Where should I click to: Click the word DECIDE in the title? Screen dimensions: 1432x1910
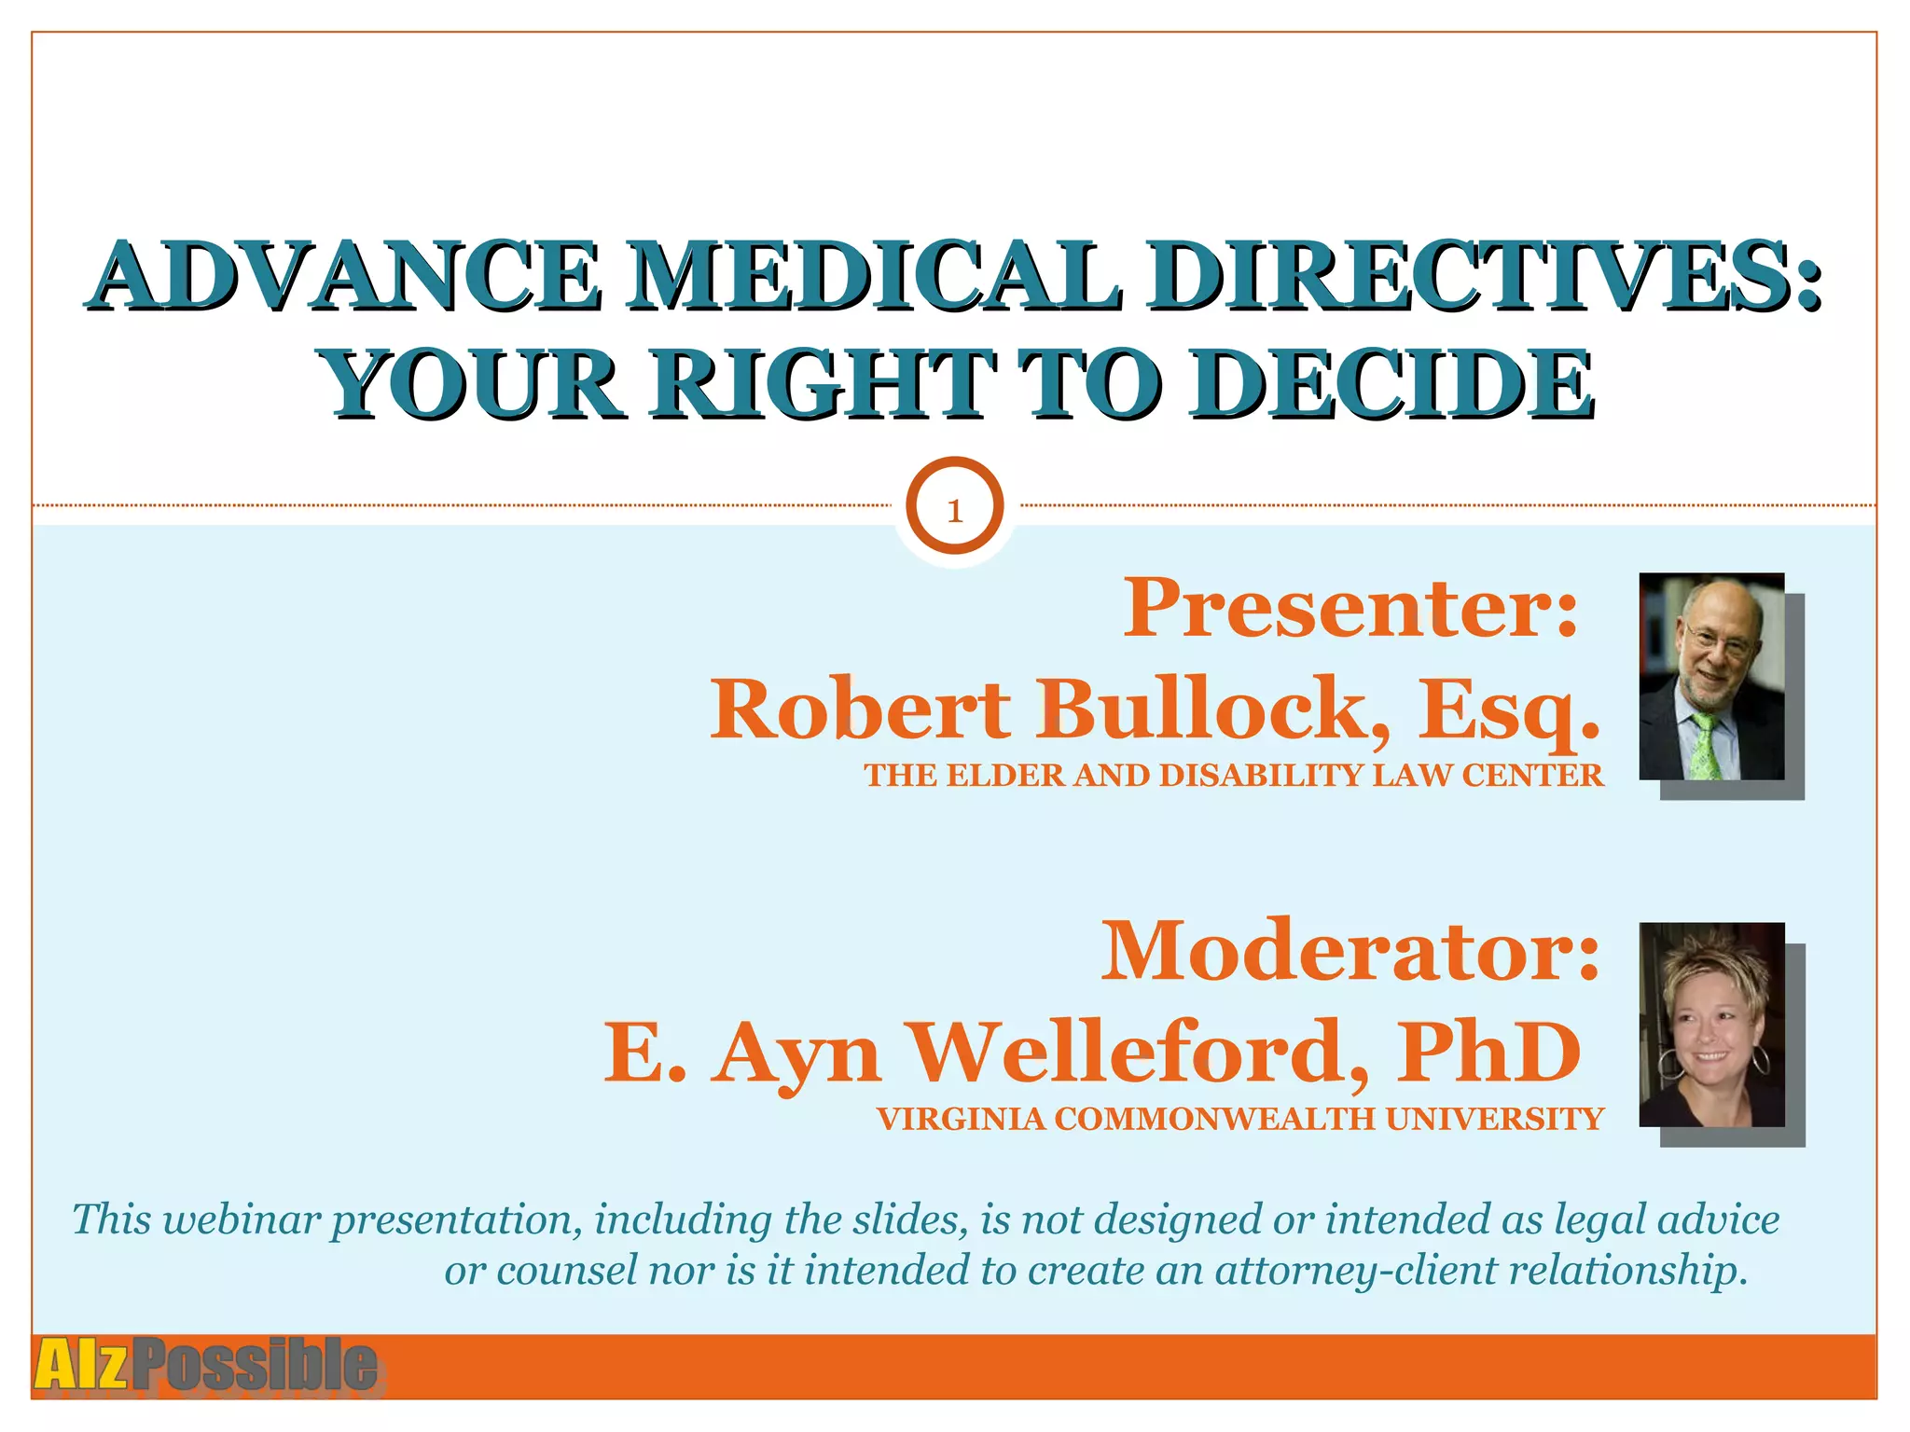pyautogui.click(x=1390, y=384)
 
